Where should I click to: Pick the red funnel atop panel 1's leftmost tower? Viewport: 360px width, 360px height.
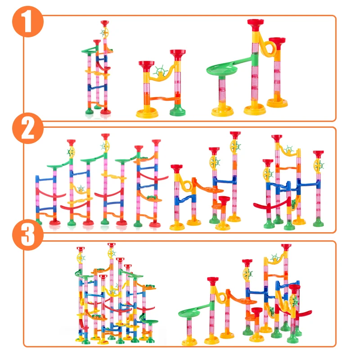tap(105, 22)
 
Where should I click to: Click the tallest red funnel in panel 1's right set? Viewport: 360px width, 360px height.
tap(255, 22)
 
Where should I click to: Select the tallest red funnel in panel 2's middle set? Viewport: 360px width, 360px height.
tap(235, 134)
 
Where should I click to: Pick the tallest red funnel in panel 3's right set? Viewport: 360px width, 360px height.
tap(286, 247)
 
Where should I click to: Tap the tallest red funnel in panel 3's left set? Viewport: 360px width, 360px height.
tap(111, 245)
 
